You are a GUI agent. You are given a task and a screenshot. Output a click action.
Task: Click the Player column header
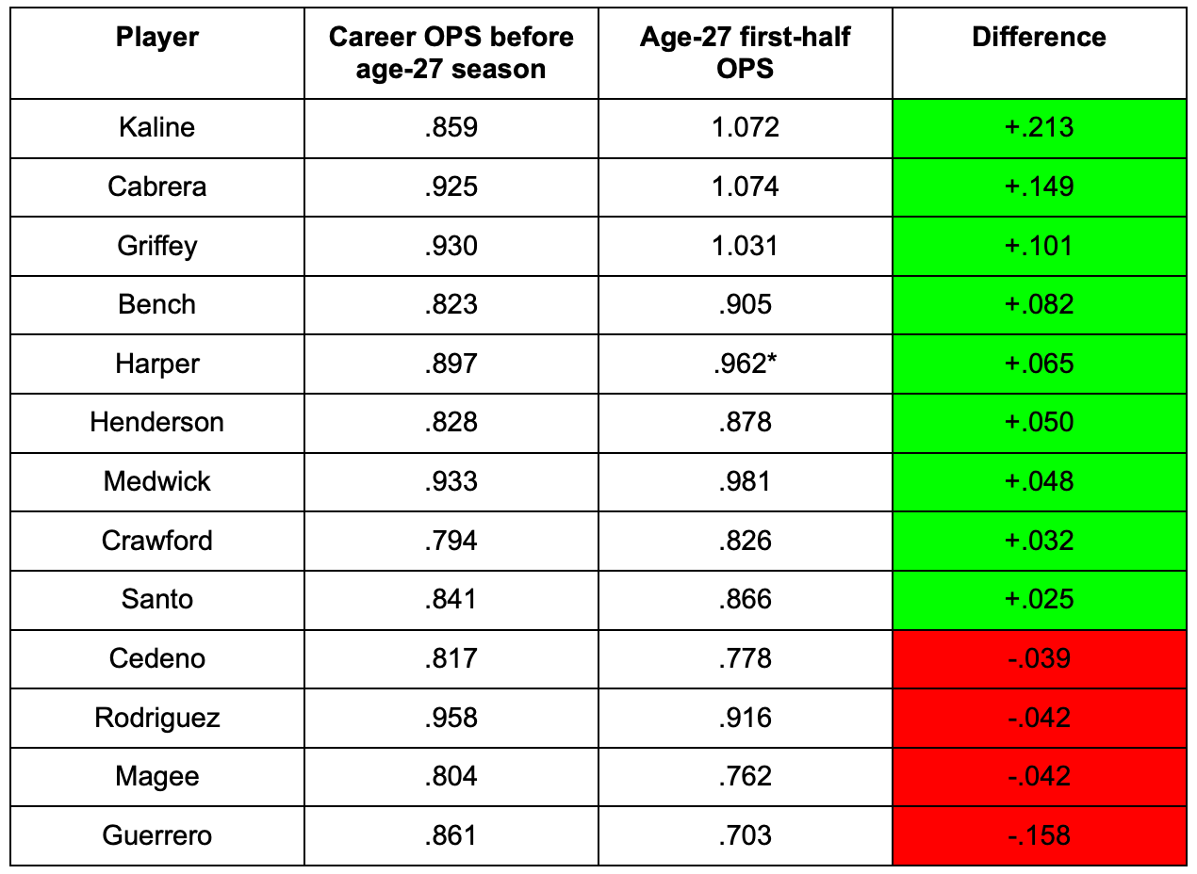[157, 38]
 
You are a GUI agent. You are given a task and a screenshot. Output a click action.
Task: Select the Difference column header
[1039, 37]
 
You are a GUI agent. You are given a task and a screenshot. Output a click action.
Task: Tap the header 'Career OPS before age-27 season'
[451, 53]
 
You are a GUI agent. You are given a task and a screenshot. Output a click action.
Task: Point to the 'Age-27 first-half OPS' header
[745, 53]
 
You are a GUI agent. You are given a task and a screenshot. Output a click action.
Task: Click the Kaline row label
[157, 127]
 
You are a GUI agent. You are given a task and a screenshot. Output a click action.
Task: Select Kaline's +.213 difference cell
[1039, 127]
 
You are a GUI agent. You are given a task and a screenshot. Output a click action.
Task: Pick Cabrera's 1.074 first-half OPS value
[745, 186]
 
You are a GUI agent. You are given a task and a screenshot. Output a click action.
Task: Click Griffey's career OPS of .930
[451, 246]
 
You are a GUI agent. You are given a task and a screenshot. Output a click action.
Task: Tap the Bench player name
[157, 304]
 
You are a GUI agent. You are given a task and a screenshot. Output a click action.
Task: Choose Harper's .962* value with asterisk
[745, 364]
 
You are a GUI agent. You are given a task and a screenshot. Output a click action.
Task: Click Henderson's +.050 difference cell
[1039, 422]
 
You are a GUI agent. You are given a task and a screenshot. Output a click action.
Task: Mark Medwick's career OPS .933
[451, 481]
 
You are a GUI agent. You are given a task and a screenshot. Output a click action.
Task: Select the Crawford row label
[157, 541]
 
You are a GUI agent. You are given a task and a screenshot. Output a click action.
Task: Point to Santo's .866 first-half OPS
[745, 599]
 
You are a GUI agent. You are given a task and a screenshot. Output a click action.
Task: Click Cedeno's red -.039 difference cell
[1039, 658]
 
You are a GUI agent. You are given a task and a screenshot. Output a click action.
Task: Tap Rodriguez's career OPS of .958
[451, 718]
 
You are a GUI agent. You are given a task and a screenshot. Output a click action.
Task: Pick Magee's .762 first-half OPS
[745, 776]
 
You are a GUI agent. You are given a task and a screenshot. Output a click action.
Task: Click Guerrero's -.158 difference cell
[1039, 835]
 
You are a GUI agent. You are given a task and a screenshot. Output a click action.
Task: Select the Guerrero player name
[157, 835]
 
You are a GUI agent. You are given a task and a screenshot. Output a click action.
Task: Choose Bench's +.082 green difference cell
[1039, 304]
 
